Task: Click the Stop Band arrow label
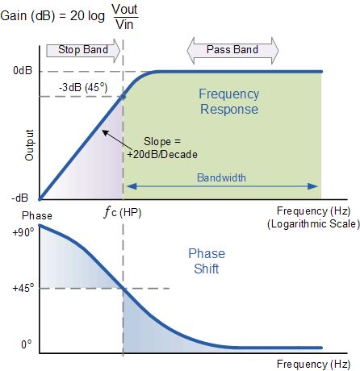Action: [x=83, y=50]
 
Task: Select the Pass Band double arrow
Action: [x=232, y=50]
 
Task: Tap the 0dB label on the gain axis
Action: [x=23, y=71]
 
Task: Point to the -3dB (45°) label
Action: [x=83, y=88]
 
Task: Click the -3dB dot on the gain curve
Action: [x=123, y=96]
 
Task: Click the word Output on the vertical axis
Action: [x=29, y=145]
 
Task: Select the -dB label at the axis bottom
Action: [x=20, y=198]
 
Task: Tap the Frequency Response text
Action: [x=229, y=102]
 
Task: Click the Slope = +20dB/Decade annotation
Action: [x=162, y=148]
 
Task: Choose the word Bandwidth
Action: [x=221, y=177]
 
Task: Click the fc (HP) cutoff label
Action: [x=123, y=213]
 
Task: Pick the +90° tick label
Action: [x=23, y=232]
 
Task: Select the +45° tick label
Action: [x=23, y=288]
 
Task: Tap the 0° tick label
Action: [x=27, y=344]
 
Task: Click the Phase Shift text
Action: [x=207, y=261]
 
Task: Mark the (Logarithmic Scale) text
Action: [x=313, y=224]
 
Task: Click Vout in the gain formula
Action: [x=125, y=9]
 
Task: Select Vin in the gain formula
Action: [x=124, y=24]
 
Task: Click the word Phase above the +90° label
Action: [x=37, y=215]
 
